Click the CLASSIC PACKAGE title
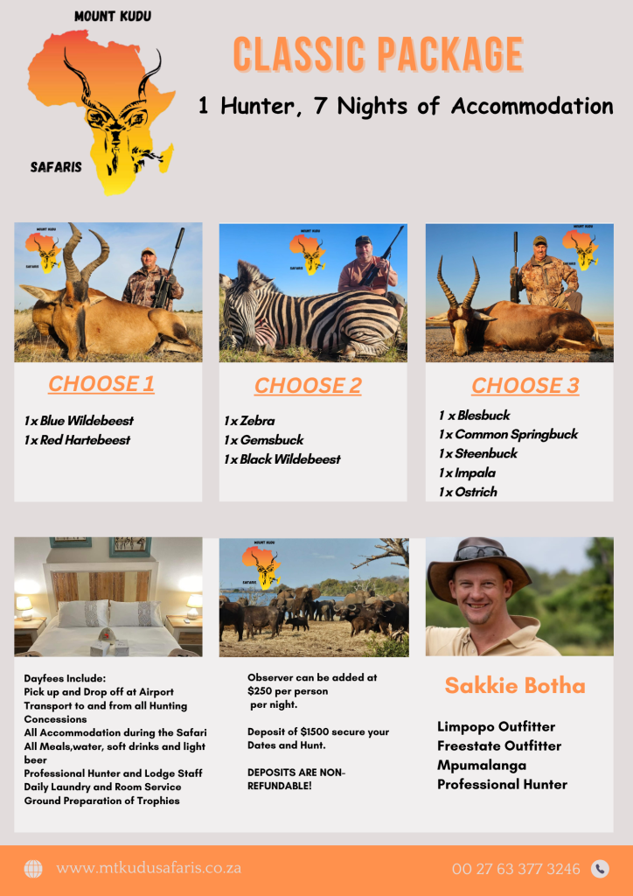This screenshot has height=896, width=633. tap(378, 55)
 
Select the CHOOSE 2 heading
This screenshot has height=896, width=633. tap(308, 386)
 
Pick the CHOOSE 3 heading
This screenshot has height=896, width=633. tap(525, 386)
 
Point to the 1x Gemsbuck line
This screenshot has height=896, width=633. tap(263, 440)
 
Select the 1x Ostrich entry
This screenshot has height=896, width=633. tap(468, 492)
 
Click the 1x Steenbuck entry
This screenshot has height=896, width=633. tap(478, 453)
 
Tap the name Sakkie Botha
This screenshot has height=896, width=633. tap(515, 685)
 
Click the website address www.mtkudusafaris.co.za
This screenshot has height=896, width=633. tap(149, 869)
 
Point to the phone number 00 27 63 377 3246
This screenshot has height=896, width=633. tap(516, 869)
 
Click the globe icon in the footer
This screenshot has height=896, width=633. tap(33, 869)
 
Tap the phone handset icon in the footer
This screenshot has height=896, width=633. tap(600, 869)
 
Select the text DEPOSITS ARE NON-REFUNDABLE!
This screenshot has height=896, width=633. tap(296, 779)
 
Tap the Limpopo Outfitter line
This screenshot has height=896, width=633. tap(496, 726)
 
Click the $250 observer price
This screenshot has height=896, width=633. tap(261, 691)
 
